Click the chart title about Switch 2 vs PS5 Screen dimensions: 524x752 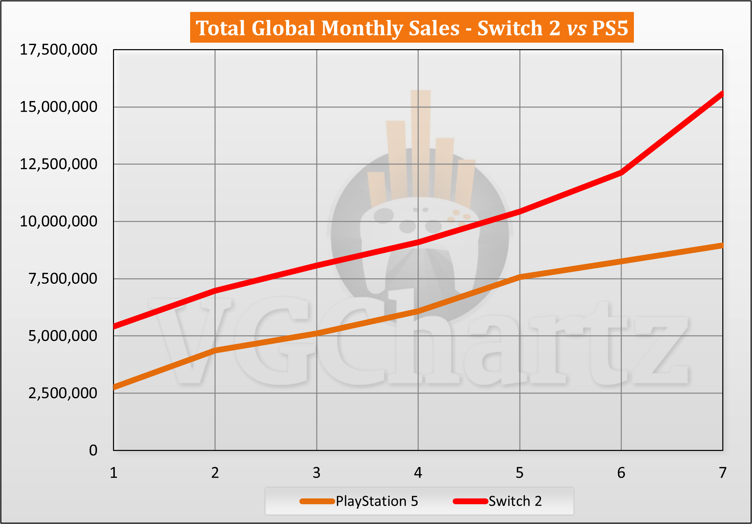411,28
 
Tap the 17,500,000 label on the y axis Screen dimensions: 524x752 58,50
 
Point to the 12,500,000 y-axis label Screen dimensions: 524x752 58,164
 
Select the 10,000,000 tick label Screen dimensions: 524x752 58,222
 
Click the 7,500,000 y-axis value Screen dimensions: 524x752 63,279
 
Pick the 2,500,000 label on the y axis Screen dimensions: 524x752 63,393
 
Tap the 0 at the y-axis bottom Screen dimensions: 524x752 93,451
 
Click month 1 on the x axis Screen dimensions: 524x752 114,473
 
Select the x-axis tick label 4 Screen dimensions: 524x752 418,473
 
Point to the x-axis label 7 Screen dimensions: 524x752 723,473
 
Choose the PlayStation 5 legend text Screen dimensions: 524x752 377,501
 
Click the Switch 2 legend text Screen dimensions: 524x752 515,501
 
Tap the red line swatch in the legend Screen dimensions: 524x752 470,501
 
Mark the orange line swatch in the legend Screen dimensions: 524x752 317,501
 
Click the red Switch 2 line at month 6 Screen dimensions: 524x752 621,172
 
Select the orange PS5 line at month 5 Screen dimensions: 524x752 520,277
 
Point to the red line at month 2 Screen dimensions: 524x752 215,291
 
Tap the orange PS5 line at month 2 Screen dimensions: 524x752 215,350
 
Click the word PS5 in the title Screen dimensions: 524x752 610,28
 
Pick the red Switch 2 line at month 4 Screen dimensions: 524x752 418,242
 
